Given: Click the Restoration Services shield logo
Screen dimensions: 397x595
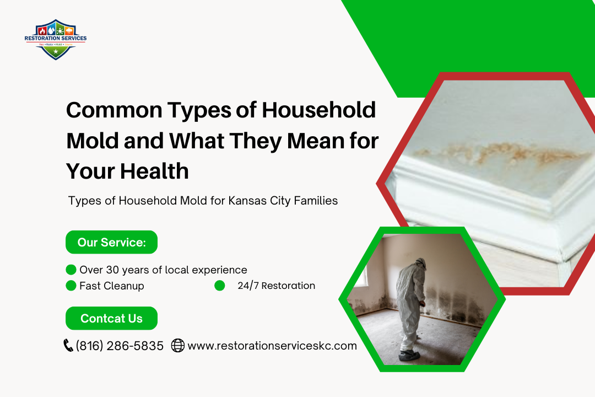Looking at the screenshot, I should pos(56,39).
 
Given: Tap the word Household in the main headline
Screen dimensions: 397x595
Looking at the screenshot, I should pos(318,110).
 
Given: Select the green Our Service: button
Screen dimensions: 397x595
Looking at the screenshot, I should pos(111,242).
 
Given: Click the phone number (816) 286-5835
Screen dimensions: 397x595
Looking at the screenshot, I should pos(120,346).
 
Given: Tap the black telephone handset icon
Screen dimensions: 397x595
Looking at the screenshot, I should pos(68,346).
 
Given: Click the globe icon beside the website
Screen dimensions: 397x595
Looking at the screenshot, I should pos(178,346).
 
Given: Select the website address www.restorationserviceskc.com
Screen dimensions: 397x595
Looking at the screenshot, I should pos(272,346).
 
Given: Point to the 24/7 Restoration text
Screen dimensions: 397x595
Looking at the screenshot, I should pos(277,286).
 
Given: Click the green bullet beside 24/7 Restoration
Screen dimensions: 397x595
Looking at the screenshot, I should pos(220,286).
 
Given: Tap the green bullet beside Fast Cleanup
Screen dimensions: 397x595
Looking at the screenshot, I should pos(71,286).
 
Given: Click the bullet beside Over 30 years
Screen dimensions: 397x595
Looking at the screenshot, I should pos(71,270).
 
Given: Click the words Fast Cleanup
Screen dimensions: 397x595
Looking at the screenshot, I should pos(112,286).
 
